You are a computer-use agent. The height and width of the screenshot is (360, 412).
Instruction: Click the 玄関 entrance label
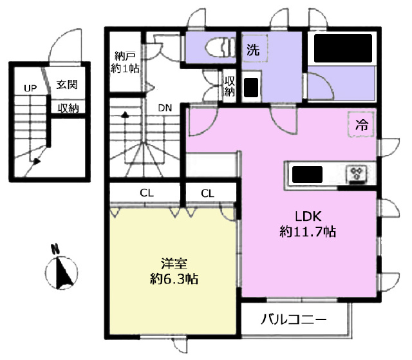pos(67,84)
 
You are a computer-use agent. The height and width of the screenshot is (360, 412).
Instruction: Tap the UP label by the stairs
pos(30,88)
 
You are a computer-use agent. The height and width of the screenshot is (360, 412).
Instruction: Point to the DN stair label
pos(165,108)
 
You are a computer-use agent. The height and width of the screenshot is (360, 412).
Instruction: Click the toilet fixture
pos(220,47)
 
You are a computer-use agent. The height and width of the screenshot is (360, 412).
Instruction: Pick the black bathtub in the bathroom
pos(343,48)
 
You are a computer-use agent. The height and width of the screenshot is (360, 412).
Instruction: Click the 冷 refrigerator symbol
pos(362,124)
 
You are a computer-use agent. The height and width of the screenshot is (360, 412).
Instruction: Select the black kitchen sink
pos(307,175)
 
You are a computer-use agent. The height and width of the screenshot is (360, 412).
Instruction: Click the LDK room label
pos(308,216)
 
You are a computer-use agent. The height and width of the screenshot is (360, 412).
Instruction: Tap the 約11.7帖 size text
pos(308,232)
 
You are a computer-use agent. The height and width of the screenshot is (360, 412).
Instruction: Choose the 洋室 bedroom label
pos(174,263)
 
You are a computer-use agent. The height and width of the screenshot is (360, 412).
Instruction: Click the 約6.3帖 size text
pos(174,279)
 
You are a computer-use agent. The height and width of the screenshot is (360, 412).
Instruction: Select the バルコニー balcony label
pos(294,320)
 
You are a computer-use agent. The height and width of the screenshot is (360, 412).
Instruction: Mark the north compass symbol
pos(62,269)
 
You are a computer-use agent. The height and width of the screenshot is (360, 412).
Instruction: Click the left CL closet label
pos(147,193)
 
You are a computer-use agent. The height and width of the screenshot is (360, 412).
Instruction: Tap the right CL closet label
pos(207,194)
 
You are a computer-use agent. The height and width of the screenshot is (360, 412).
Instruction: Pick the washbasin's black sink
pos(251,88)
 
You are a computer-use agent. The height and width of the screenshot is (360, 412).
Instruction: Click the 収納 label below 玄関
pos(68,108)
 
